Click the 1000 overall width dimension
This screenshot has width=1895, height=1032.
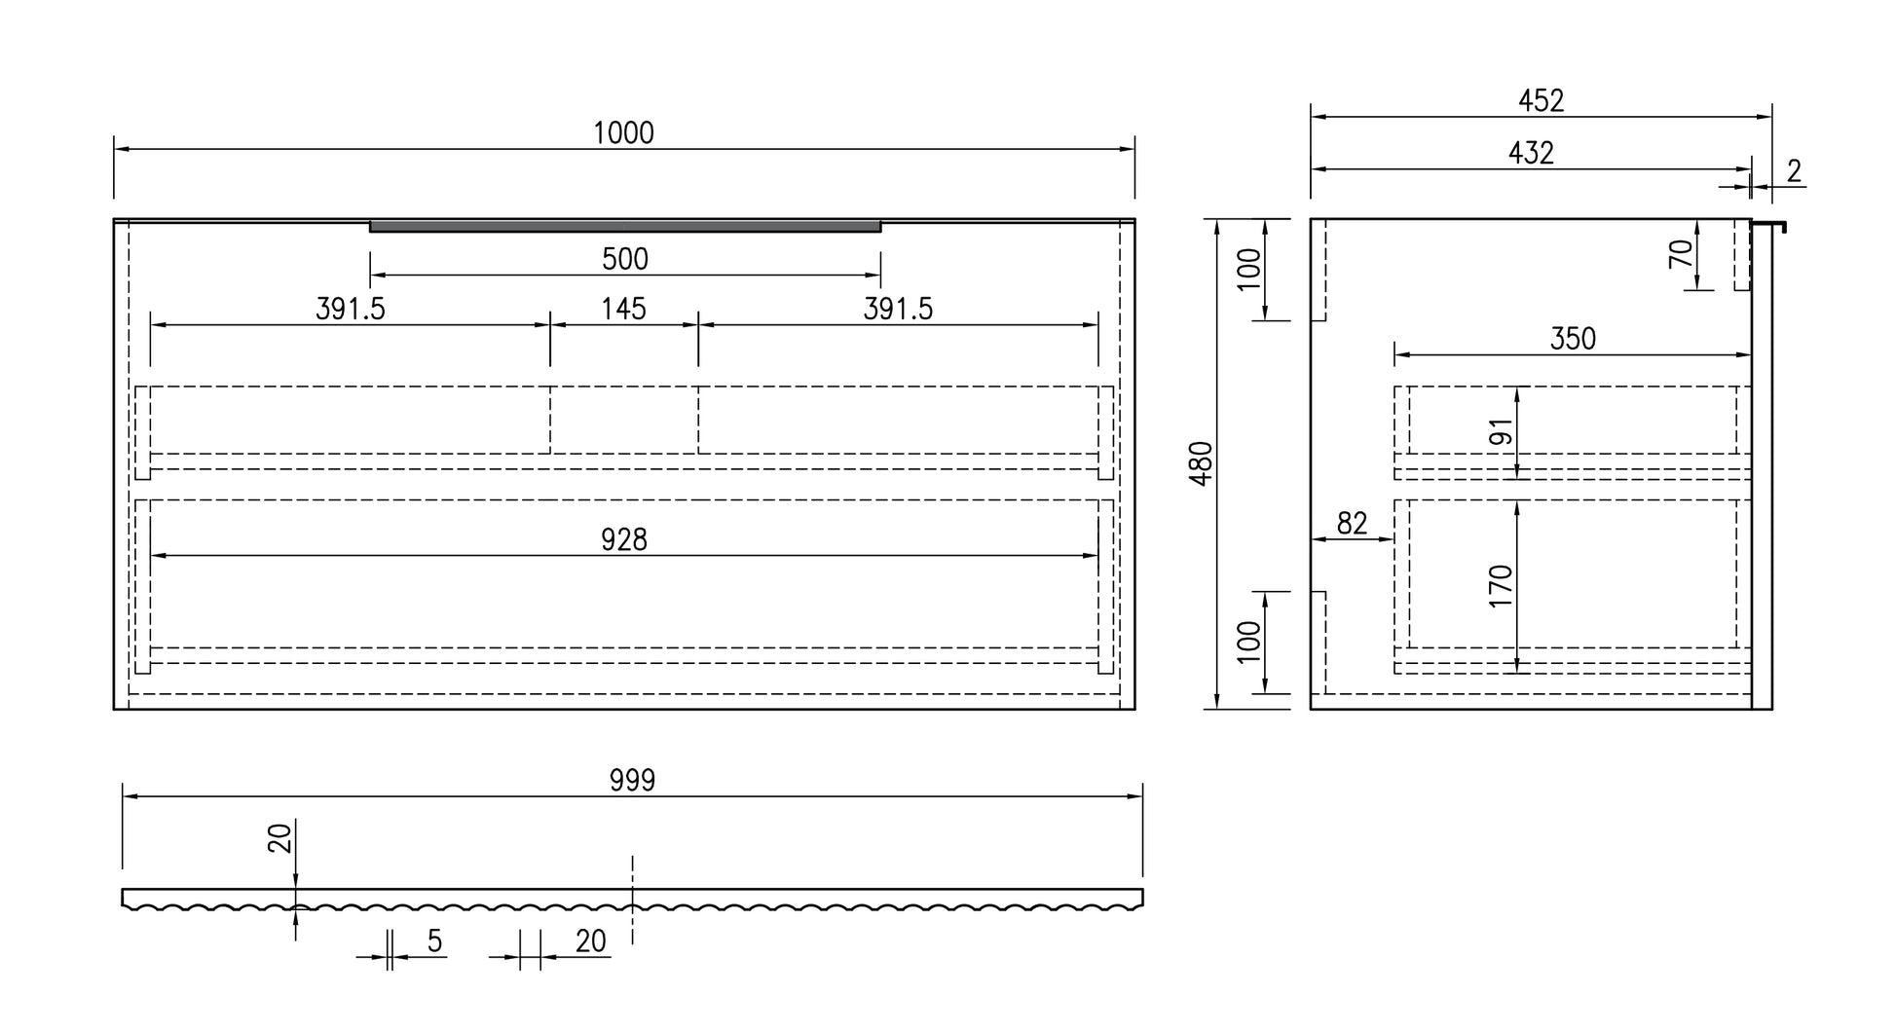point(624,133)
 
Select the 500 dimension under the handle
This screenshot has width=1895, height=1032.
point(625,259)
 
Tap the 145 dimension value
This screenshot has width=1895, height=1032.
point(623,309)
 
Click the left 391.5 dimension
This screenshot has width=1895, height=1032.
point(351,309)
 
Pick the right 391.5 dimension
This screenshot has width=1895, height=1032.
point(898,309)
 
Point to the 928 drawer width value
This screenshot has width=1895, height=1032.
point(624,539)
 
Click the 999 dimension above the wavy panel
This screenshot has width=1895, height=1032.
point(633,780)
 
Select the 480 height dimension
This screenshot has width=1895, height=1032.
point(1203,463)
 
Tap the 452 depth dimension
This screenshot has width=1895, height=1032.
point(1542,100)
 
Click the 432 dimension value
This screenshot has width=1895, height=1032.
point(1532,153)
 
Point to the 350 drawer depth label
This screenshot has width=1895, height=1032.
point(1573,339)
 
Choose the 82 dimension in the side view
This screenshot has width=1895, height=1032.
point(1352,524)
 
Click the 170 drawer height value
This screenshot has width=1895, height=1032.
point(1501,586)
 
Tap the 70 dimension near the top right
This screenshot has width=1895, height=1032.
point(1680,254)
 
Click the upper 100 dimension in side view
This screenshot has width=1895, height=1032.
point(1248,269)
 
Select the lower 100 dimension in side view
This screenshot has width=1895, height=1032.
point(1248,642)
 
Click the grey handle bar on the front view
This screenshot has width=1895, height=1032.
point(625,227)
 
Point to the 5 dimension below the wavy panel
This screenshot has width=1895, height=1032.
point(434,941)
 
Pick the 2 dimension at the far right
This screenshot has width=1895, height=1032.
point(1795,171)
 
